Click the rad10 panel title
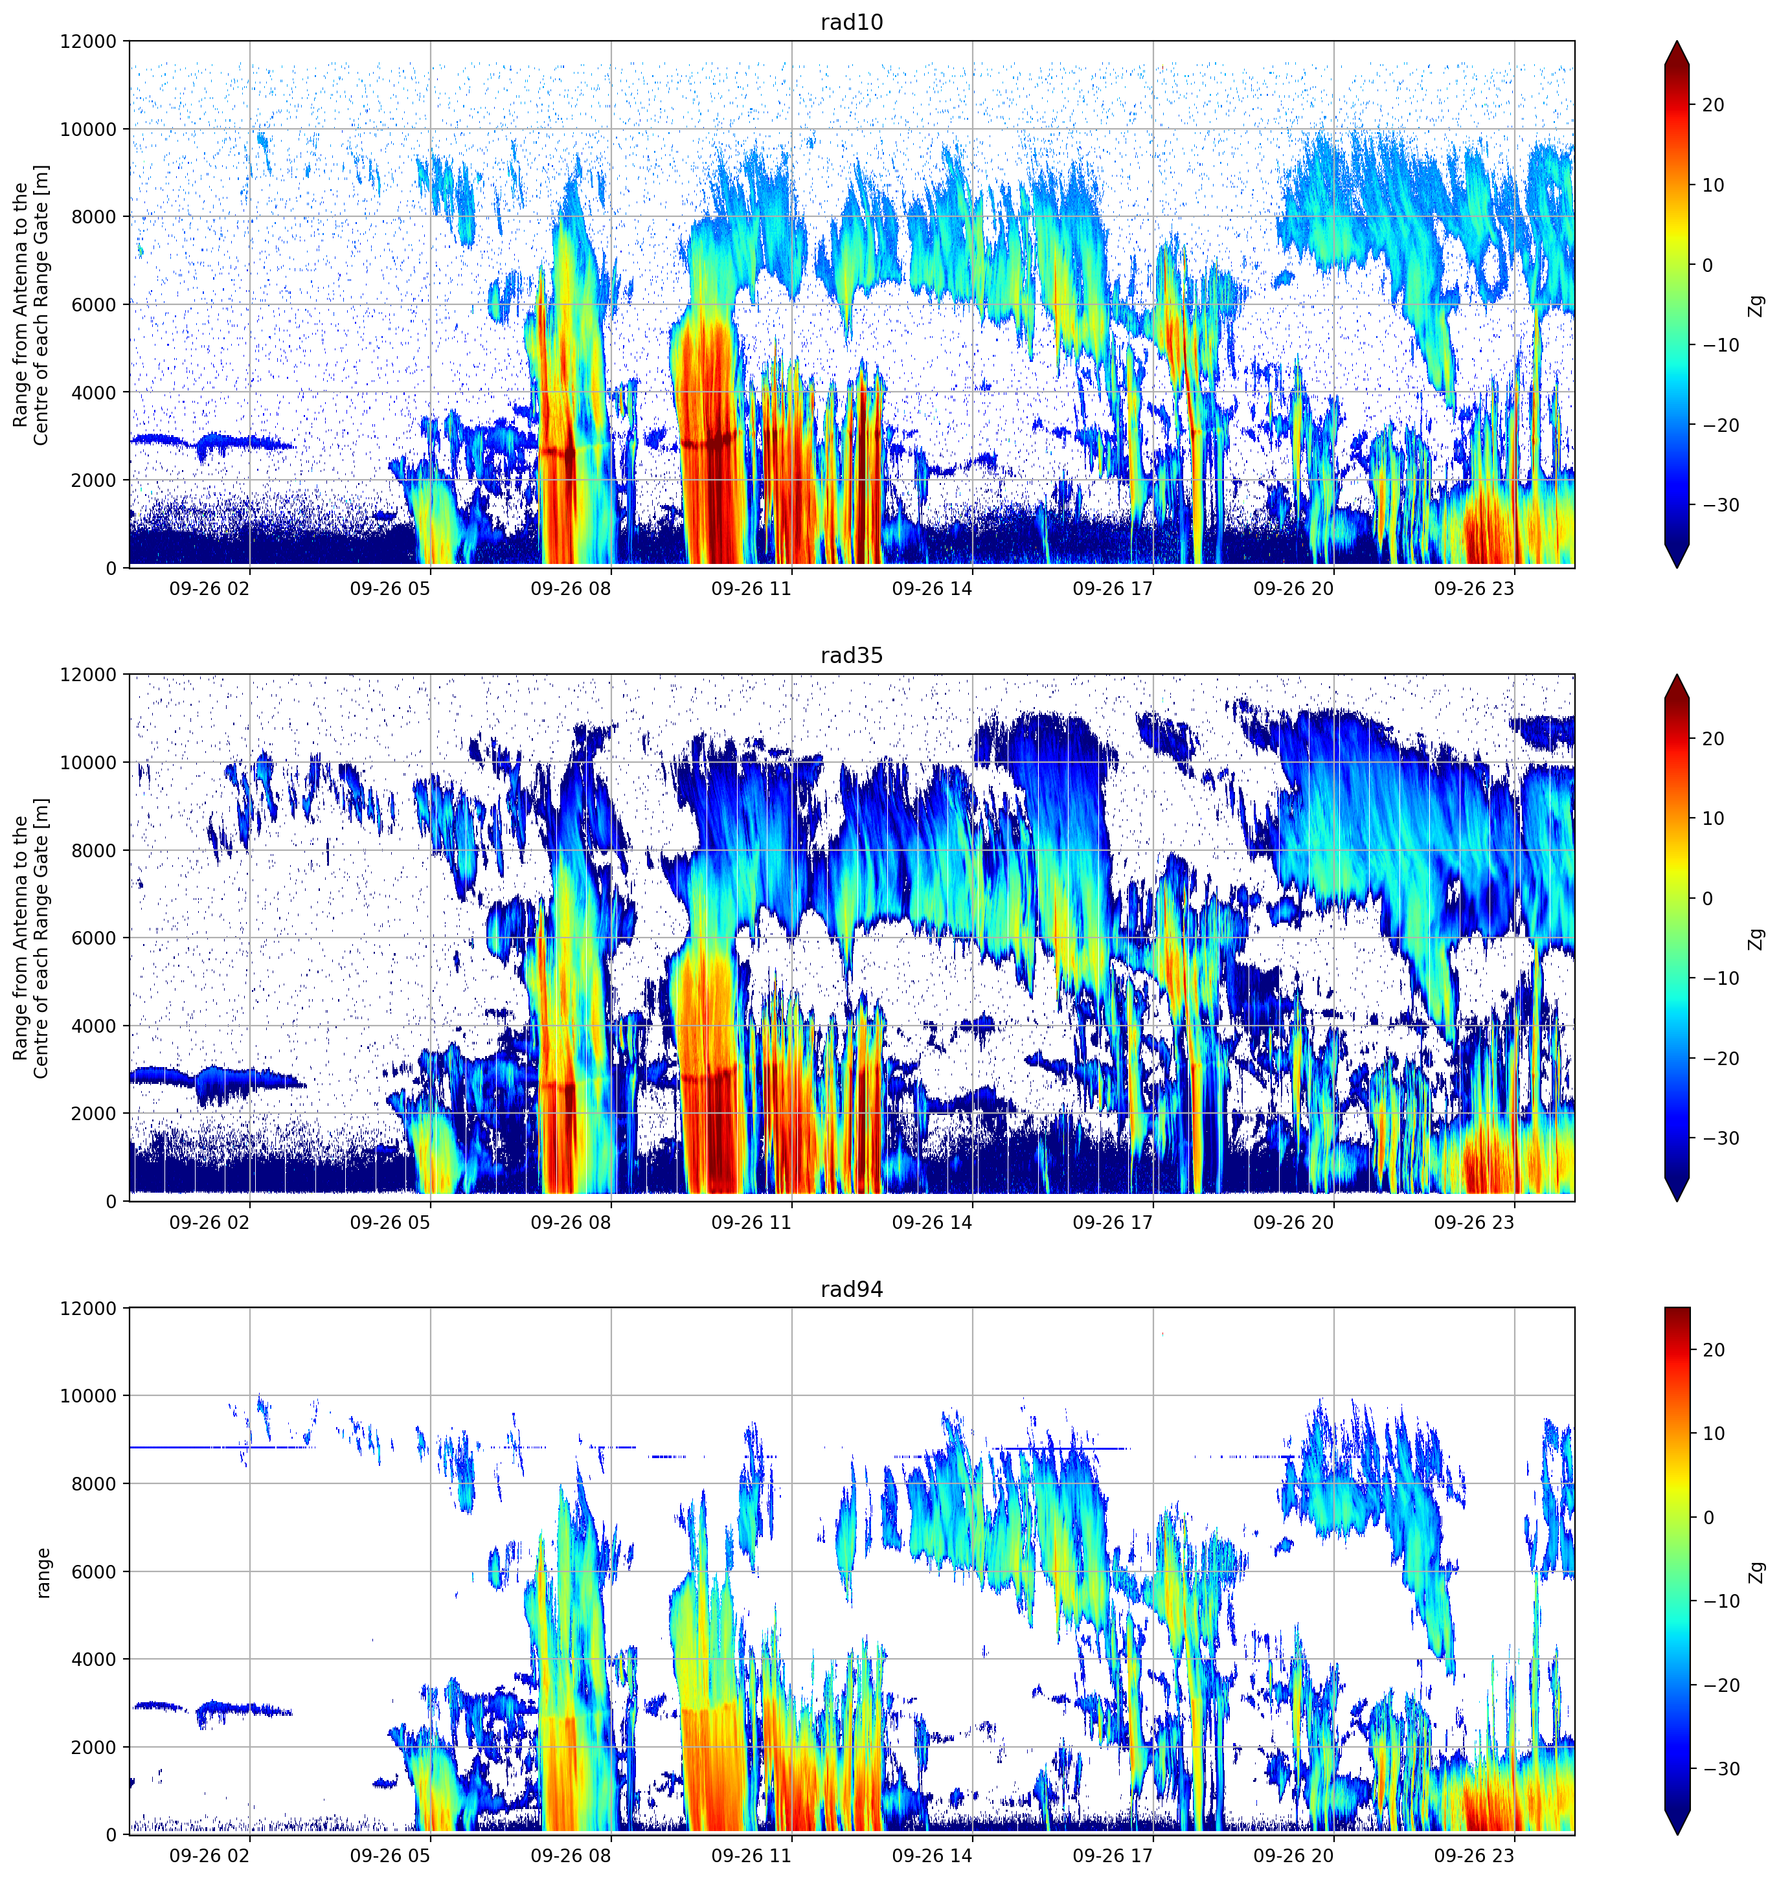click(x=852, y=23)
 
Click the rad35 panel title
click(x=852, y=656)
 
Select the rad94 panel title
click(x=852, y=1289)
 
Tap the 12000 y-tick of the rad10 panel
click(x=90, y=41)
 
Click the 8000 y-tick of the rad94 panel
click(x=95, y=1483)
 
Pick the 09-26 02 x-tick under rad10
click(x=210, y=589)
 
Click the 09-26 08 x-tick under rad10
click(x=571, y=589)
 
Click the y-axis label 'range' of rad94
click(x=43, y=1572)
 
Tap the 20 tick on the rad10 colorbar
click(x=1712, y=106)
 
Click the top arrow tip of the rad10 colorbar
click(x=1677, y=41)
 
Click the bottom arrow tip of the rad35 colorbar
click(x=1677, y=1200)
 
